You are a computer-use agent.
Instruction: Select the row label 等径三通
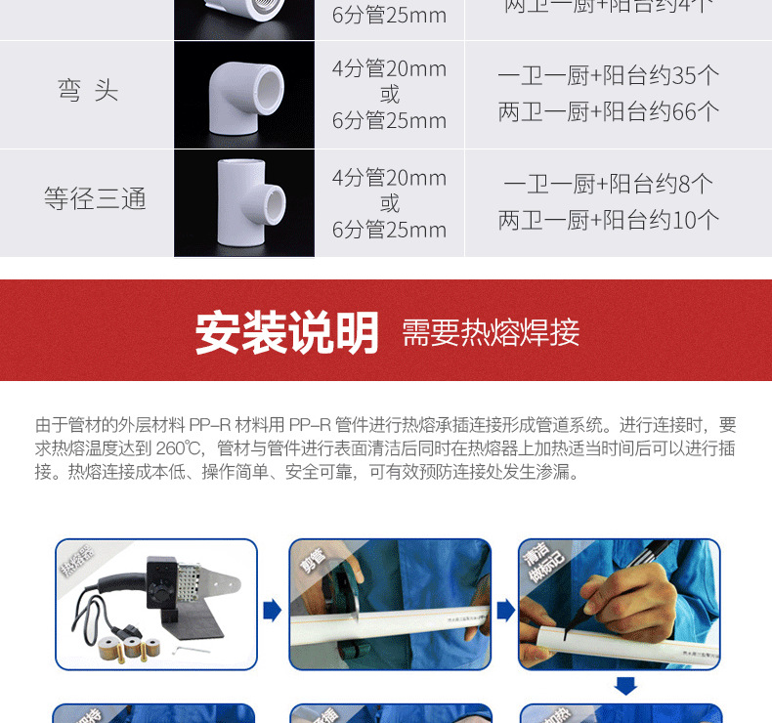point(95,199)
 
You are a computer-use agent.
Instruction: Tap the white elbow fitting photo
point(243,95)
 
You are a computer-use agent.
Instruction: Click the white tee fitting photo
point(244,203)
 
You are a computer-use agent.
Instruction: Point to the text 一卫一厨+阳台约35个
point(608,75)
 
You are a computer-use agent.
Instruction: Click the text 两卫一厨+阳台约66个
point(608,111)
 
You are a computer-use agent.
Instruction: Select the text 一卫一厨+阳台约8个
point(608,184)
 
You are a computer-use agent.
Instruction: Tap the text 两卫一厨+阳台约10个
point(608,220)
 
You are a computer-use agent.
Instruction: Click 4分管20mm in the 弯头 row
point(389,68)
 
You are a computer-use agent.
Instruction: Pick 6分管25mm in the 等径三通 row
point(389,230)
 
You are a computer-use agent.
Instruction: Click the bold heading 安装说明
point(286,332)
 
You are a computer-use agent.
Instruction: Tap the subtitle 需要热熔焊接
point(491,333)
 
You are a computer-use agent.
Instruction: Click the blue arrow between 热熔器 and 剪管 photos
point(273,611)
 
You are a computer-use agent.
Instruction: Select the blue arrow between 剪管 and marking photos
point(505,611)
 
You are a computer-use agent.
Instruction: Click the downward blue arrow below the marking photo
point(625,686)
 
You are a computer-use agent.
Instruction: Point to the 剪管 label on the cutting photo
point(312,563)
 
